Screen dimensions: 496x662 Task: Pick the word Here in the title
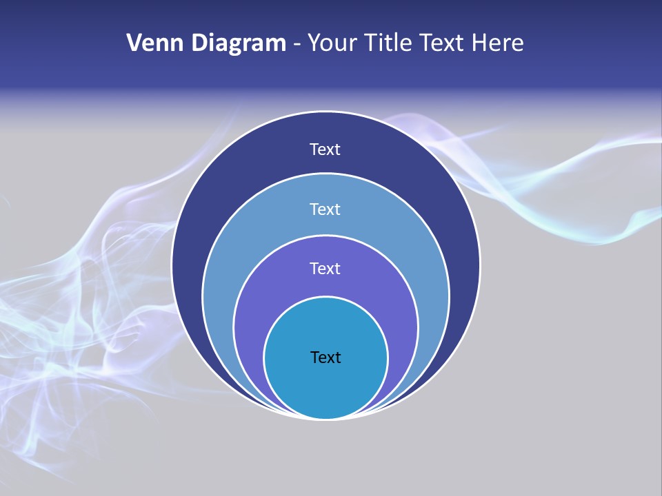[x=497, y=43]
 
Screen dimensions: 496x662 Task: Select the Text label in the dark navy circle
[x=325, y=149]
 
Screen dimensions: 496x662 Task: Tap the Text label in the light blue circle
[x=325, y=209]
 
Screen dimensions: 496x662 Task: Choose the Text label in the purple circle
[x=325, y=269]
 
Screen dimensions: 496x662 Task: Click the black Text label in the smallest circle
[x=325, y=358]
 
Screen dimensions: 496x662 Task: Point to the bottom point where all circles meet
[x=325, y=418]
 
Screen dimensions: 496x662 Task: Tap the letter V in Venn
[x=134, y=43]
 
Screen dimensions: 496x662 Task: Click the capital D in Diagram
[x=199, y=43]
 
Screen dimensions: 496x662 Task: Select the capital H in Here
[x=479, y=43]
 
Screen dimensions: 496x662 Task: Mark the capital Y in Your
[x=314, y=43]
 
